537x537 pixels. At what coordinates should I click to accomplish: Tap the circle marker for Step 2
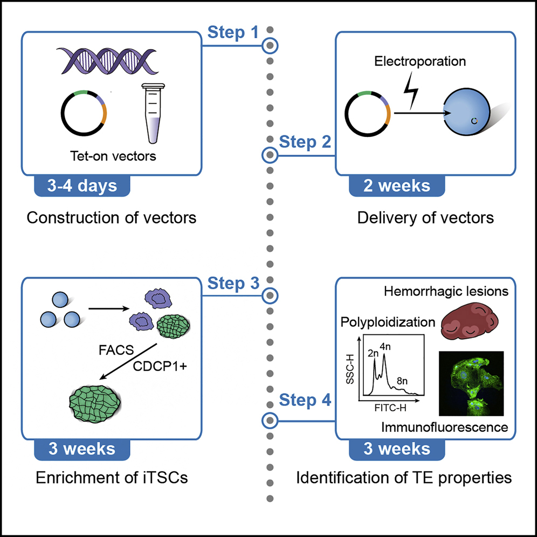269,155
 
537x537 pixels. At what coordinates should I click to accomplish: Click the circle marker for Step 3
269,295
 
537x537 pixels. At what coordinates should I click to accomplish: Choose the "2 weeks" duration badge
397,186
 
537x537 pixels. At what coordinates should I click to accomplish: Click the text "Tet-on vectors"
113,157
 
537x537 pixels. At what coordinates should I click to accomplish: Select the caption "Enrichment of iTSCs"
107,477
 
